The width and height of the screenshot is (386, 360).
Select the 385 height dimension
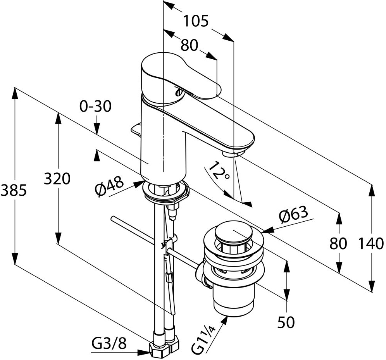pyautogui.click(x=13, y=190)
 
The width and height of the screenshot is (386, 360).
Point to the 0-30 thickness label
pyautogui.click(x=95, y=106)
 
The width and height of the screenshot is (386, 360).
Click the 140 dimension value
pyautogui.click(x=370, y=243)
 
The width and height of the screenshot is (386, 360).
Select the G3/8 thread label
pyautogui.click(x=109, y=343)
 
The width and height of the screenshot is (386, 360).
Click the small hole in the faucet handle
pyautogui.click(x=179, y=93)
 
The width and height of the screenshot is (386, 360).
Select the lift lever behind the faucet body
pyautogui.click(x=136, y=129)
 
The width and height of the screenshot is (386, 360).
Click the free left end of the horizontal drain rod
pyautogui.click(x=112, y=219)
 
